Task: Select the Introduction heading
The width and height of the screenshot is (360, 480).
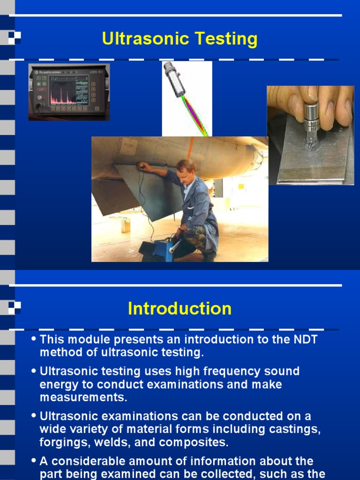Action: [180, 309]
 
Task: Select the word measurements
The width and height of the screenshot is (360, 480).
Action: [83, 397]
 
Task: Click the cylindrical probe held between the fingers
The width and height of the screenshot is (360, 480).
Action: [311, 117]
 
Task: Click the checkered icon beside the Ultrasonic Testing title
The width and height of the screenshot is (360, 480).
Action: [15, 38]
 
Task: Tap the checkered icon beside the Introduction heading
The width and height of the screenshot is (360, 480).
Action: [15, 307]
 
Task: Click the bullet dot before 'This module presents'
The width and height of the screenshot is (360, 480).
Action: [34, 339]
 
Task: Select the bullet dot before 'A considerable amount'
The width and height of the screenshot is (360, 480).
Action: [34, 461]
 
